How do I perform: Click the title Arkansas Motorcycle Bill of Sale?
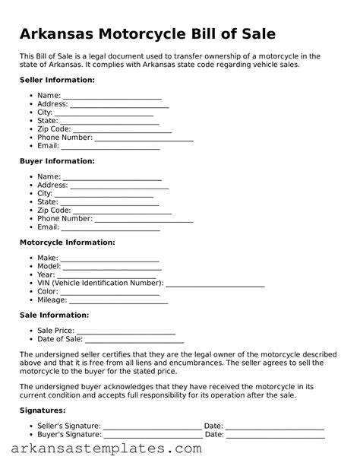[x=147, y=34]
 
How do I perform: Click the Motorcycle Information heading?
[x=67, y=243]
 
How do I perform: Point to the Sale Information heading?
[x=54, y=315]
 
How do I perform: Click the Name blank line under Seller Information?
[x=112, y=97]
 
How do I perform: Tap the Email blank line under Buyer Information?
[x=110, y=228]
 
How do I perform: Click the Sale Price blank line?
[x=125, y=331]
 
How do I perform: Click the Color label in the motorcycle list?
[x=47, y=292]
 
